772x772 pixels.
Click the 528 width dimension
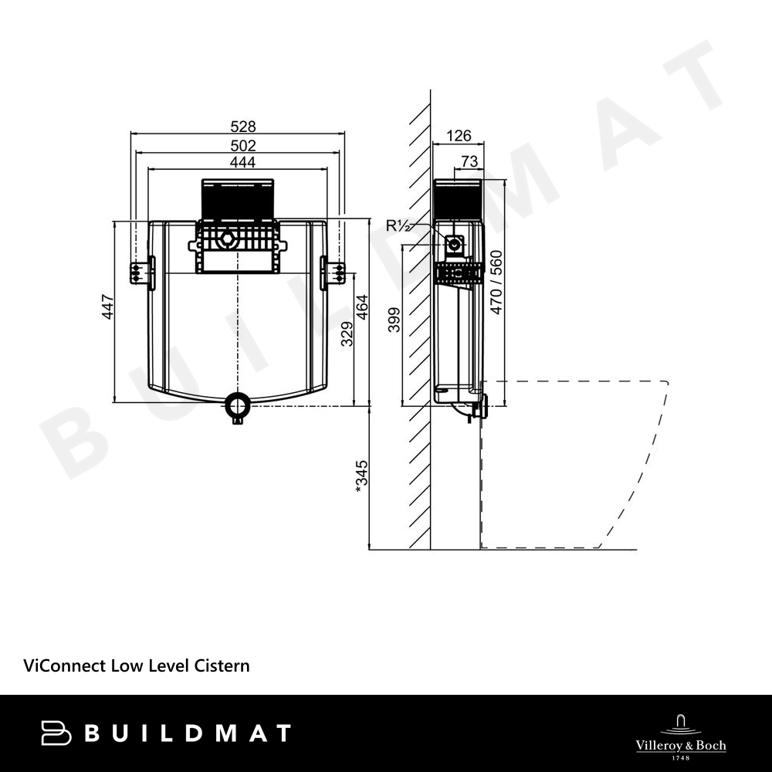(243, 127)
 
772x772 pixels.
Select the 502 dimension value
(243, 146)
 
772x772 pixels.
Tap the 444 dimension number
(242, 162)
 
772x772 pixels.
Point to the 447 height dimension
(108, 306)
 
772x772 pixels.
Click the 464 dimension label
(362, 306)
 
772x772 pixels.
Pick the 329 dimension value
(347, 334)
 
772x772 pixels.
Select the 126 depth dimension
(459, 135)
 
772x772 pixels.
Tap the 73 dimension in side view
(469, 161)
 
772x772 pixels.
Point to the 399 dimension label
(394, 320)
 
